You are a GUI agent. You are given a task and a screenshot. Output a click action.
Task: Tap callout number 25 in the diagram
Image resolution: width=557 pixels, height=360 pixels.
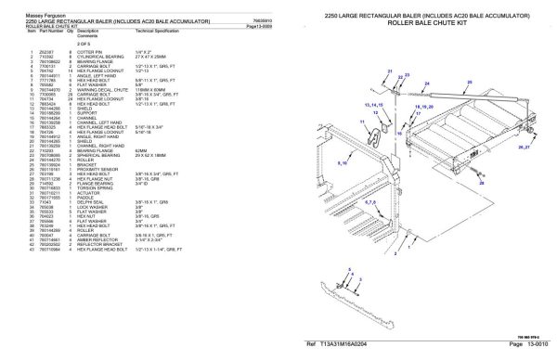click(x=470, y=83)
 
